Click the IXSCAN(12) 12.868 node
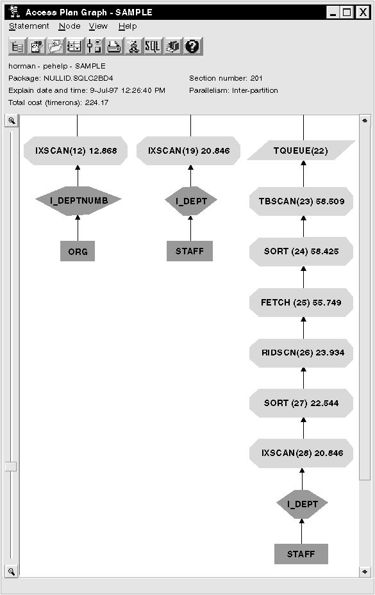point(76,151)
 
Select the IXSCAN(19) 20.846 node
point(188,151)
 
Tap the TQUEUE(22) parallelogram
point(301,151)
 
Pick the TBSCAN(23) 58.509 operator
point(301,201)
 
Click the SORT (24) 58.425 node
point(301,251)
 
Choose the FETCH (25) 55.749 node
point(301,302)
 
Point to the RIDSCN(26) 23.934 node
point(301,352)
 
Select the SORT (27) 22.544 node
point(301,403)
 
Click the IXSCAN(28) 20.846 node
point(301,453)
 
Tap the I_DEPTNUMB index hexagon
point(78,200)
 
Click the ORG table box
point(78,251)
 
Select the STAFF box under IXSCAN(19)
point(190,251)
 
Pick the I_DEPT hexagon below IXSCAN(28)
point(302,504)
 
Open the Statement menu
point(29,26)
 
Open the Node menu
point(69,26)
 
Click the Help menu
point(128,26)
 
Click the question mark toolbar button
point(193,46)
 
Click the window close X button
point(363,13)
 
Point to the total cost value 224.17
point(97,102)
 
